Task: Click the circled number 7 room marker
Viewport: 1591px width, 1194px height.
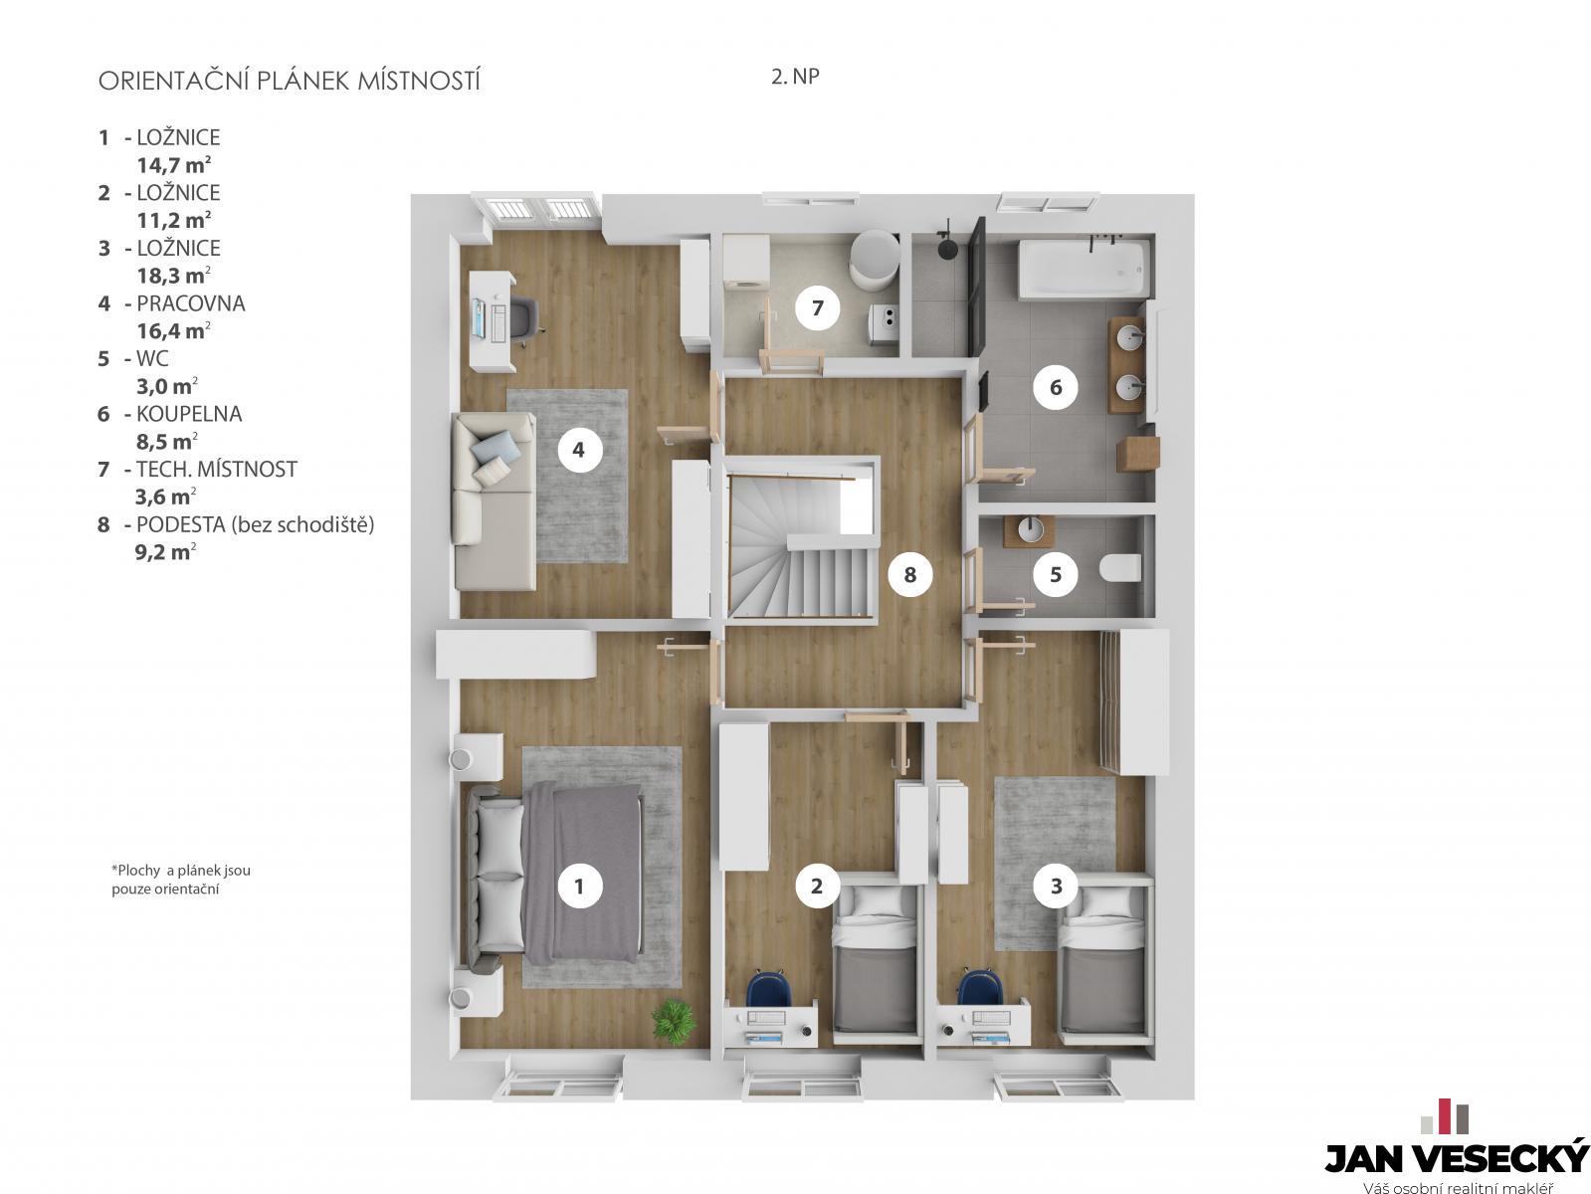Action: click(817, 307)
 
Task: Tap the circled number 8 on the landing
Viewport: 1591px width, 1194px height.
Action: click(909, 574)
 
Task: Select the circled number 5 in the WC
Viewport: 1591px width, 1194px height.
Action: click(1056, 574)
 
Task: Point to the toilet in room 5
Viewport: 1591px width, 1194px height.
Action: click(1119, 567)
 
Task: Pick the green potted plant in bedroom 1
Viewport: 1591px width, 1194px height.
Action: click(674, 1022)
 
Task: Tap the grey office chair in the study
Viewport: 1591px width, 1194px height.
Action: click(524, 318)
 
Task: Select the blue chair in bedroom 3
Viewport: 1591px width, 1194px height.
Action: click(980, 987)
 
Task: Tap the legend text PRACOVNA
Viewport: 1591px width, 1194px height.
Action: click(191, 303)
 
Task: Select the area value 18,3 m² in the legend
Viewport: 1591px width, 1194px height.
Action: click(174, 276)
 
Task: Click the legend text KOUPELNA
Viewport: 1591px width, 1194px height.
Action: click(189, 414)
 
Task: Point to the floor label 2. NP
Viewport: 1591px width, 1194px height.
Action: click(795, 76)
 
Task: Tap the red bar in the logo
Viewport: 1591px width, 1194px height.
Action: click(1445, 1115)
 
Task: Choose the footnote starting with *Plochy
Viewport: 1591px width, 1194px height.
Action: click(181, 880)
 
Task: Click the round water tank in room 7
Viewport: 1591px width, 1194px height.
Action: click(875, 259)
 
